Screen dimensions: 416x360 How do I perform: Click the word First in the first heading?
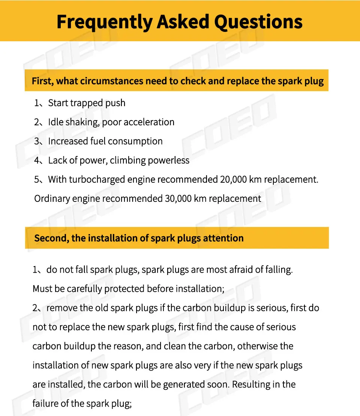42,81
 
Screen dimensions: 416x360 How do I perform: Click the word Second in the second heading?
51,238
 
